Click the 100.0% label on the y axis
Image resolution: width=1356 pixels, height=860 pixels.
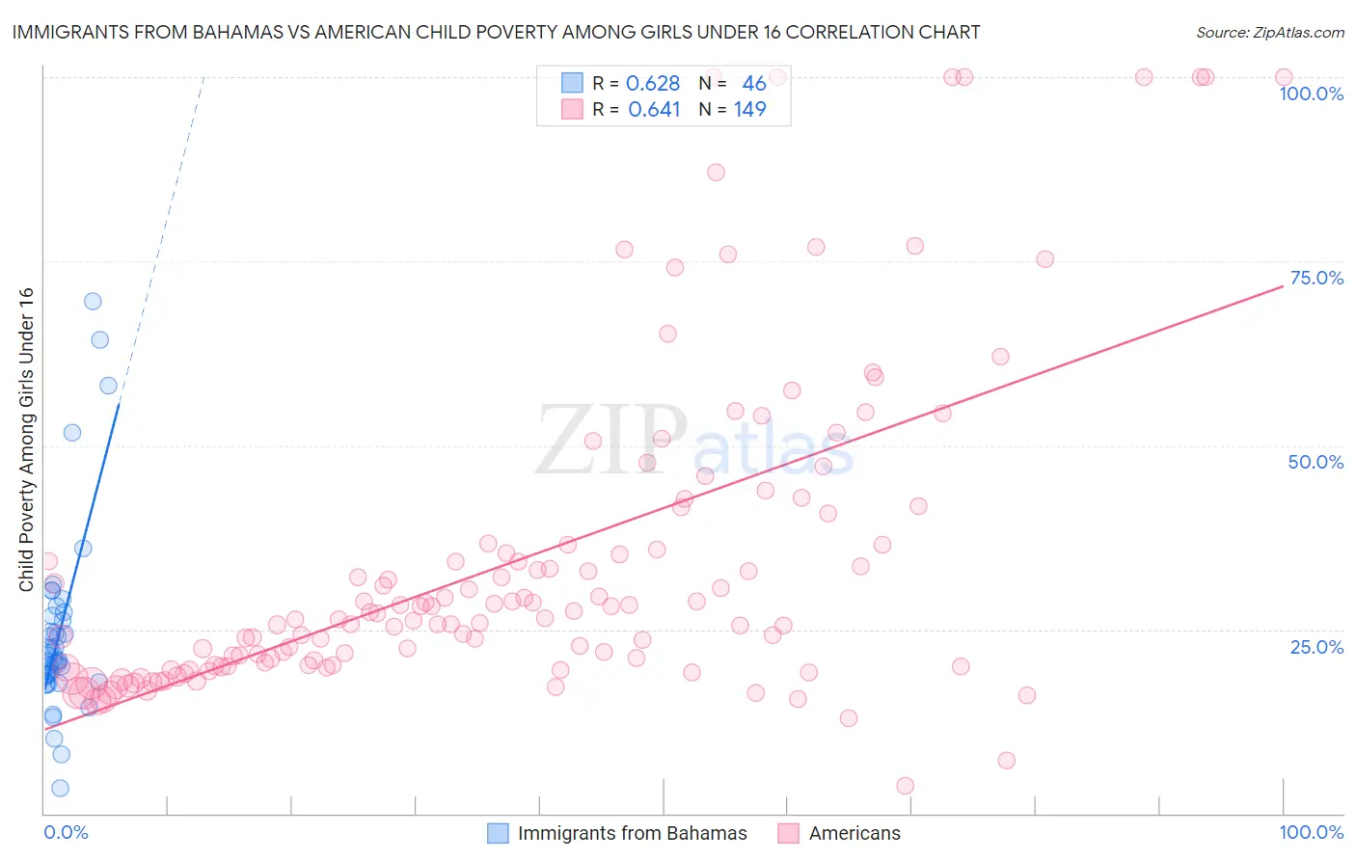(x=1311, y=94)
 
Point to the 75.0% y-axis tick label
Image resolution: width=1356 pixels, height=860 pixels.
(x=1316, y=278)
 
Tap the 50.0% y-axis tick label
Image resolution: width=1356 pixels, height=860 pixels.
(x=1315, y=462)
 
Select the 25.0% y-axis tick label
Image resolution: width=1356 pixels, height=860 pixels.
(x=1316, y=646)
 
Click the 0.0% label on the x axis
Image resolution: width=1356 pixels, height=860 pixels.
(x=66, y=832)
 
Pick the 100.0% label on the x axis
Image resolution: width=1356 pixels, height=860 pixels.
(x=1311, y=832)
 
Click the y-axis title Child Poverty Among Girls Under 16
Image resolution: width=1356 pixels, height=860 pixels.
(x=26, y=439)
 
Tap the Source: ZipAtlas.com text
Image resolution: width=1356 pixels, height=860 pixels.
(x=1269, y=33)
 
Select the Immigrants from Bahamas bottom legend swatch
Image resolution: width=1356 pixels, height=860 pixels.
(x=498, y=833)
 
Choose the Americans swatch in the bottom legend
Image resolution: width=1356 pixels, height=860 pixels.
(x=789, y=833)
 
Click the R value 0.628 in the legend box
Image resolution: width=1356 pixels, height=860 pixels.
(x=653, y=84)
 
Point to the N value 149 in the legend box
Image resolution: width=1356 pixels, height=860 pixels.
(x=749, y=110)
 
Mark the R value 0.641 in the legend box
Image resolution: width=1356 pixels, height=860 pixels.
(x=654, y=110)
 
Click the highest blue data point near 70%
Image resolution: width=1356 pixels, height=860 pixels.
(x=93, y=301)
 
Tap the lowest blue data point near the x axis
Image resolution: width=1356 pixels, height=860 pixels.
(x=60, y=788)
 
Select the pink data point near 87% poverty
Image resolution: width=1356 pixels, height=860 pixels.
(x=716, y=173)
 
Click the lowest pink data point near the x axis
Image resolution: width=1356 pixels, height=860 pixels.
(x=905, y=786)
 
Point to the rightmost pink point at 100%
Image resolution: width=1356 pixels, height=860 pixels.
(x=1283, y=77)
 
